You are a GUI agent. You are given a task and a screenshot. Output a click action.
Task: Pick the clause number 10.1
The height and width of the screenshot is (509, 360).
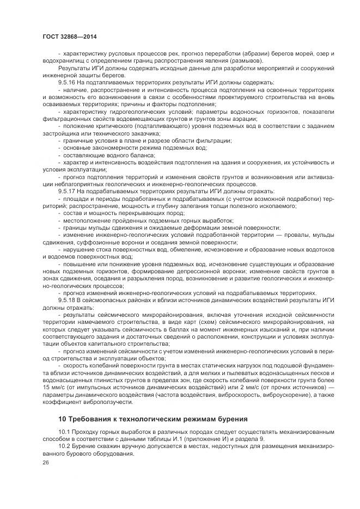(65, 432)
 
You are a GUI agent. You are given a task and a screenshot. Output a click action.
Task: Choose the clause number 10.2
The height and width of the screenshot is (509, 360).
(65, 446)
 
